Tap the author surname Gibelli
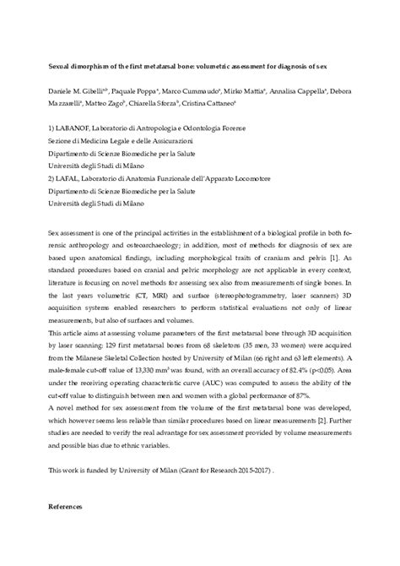[x=99, y=89]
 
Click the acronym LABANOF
[x=74, y=126]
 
